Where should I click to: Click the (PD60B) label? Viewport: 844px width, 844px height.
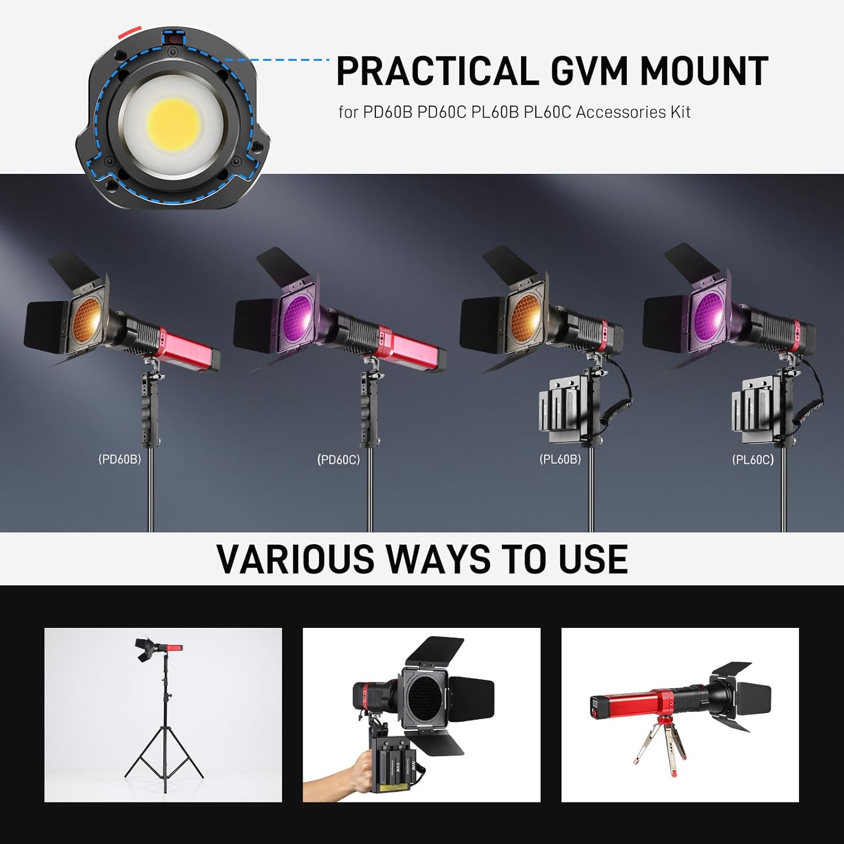(x=120, y=459)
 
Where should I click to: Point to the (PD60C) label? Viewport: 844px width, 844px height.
(x=338, y=460)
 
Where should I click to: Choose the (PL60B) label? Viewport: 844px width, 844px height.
(x=560, y=459)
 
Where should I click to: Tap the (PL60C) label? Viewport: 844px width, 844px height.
(x=753, y=460)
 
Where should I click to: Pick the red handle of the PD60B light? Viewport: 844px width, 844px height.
(x=188, y=348)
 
